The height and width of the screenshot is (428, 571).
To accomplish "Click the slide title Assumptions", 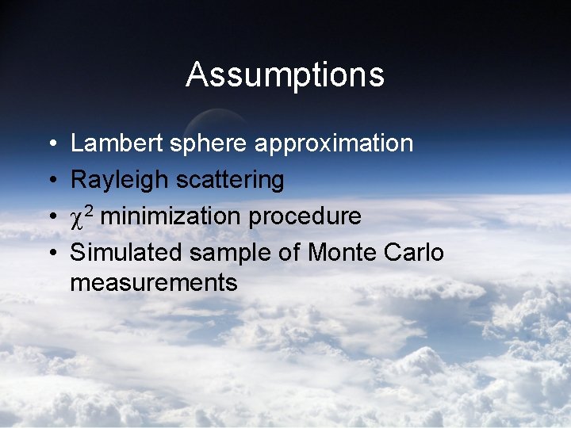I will coord(285,75).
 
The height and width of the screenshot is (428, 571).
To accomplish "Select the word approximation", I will coord(334,144).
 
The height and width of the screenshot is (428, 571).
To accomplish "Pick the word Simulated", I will coord(127,252).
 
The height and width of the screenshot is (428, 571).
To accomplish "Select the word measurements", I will coord(154,283).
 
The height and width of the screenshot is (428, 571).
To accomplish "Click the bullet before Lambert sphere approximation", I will coord(50,144).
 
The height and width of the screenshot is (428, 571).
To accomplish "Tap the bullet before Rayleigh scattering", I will coord(50,181).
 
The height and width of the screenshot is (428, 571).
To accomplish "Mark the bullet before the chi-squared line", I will coord(50,216).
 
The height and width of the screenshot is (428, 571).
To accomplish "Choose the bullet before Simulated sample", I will coord(50,253).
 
